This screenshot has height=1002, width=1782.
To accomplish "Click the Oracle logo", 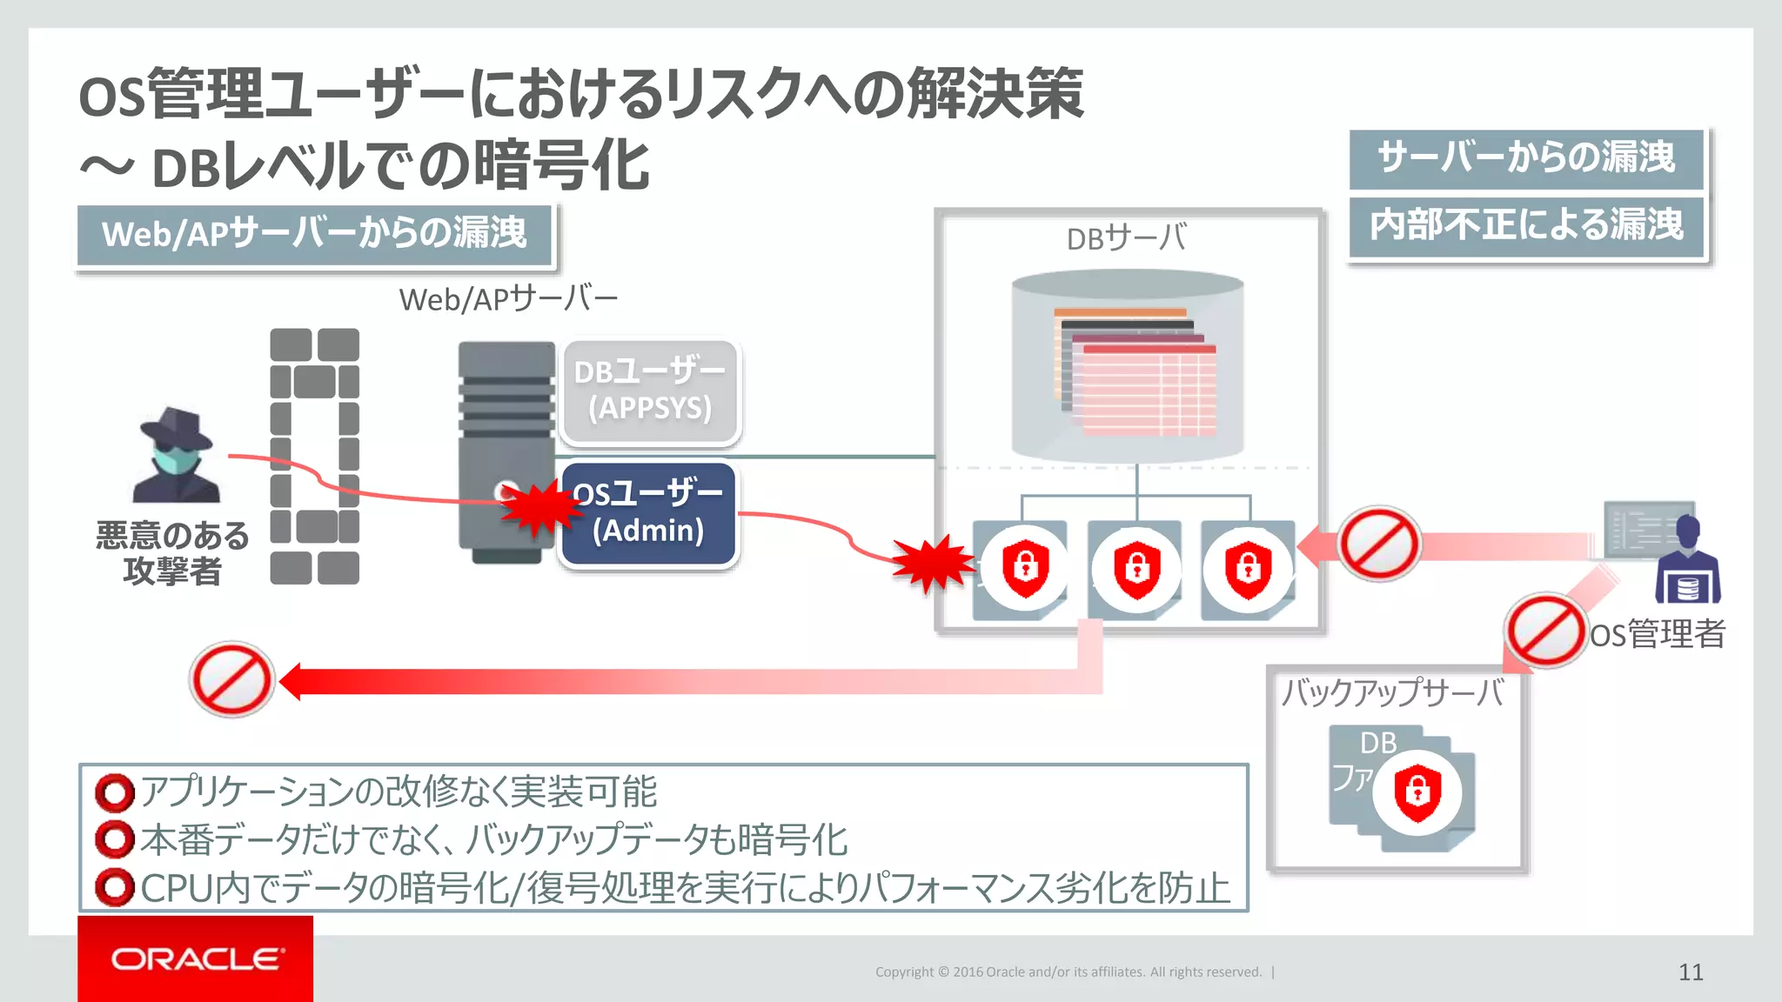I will coord(196,959).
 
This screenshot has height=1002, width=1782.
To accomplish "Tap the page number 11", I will coord(1690,972).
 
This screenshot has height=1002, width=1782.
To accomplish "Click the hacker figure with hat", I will coord(177,455).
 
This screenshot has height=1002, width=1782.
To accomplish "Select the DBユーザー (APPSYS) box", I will coord(650,391).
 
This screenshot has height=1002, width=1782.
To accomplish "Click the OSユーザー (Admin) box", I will coord(649,513).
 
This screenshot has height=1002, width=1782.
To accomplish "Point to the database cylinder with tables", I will coord(1128,365).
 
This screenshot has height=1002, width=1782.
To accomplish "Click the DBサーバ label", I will coord(1126,237).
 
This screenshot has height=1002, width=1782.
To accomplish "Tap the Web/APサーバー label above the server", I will coord(508,299).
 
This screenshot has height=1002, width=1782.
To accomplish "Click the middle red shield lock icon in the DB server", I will coord(1136,568).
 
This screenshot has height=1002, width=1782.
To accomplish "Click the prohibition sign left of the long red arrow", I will coord(231,679).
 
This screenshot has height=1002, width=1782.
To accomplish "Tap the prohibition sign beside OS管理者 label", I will coord(1545,631).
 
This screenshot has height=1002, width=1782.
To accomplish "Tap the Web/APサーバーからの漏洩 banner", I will coord(314,234).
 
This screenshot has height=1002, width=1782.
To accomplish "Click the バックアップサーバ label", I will coord(1391,692).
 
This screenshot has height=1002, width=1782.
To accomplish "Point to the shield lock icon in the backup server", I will coord(1417,792).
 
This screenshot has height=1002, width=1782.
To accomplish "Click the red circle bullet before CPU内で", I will coord(115,888).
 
